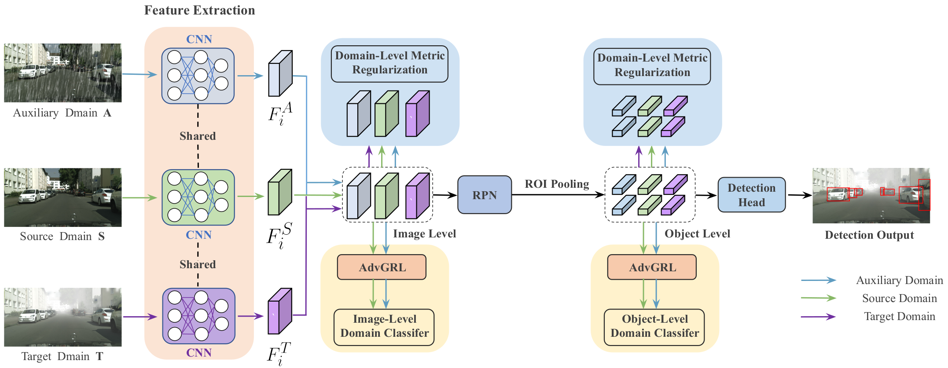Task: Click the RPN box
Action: pyautogui.click(x=485, y=195)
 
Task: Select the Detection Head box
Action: pyautogui.click(x=751, y=195)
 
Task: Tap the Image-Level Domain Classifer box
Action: pyautogui.click(x=384, y=326)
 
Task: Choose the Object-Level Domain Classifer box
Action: pyautogui.click(x=654, y=326)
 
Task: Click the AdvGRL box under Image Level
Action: pyautogui.click(x=382, y=267)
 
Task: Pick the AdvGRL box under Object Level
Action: pyautogui.click(x=652, y=267)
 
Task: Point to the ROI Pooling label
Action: pyautogui.click(x=557, y=184)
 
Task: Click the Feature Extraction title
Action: pyautogui.click(x=199, y=10)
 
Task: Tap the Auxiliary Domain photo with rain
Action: pyautogui.click(x=63, y=73)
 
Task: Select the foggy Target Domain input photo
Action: pyautogui.click(x=63, y=317)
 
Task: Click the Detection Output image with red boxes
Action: pyautogui.click(x=871, y=196)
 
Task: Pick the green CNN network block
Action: pyautogui.click(x=198, y=197)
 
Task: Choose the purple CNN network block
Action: pyautogui.click(x=198, y=316)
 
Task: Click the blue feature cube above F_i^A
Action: pyautogui.click(x=280, y=73)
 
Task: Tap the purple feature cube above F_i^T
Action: pyautogui.click(x=280, y=311)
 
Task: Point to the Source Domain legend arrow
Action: pyautogui.click(x=818, y=298)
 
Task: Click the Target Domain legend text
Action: pyautogui.click(x=900, y=317)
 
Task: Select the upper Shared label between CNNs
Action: pyautogui.click(x=198, y=136)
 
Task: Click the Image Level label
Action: pyautogui.click(x=424, y=233)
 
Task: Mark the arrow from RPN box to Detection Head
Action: pyautogui.click(x=558, y=195)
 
